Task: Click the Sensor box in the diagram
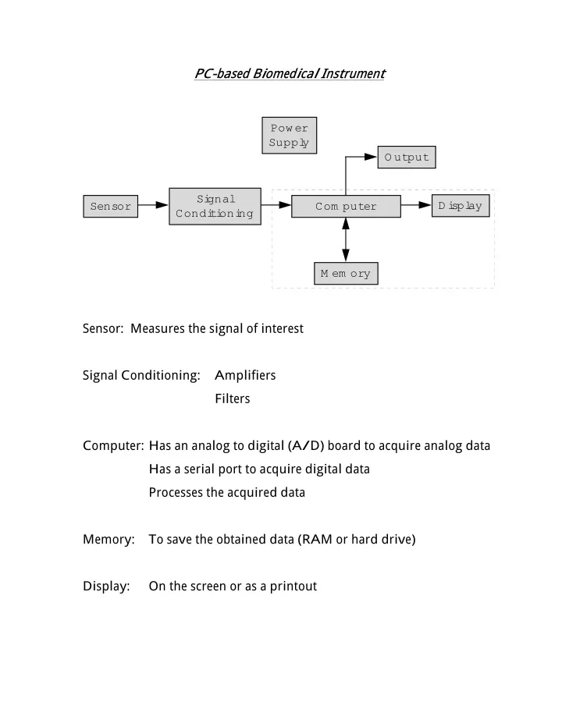[x=110, y=206]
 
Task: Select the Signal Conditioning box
[x=215, y=207]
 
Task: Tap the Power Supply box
[x=289, y=135]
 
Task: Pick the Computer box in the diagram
[x=346, y=206]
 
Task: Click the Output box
[x=407, y=157]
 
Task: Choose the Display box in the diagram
[x=461, y=206]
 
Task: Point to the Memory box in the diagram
[x=346, y=273]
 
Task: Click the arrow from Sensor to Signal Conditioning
[x=153, y=204]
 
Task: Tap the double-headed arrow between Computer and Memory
[x=346, y=240]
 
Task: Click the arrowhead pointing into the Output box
[x=371, y=157]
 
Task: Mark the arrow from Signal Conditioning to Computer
[x=276, y=204]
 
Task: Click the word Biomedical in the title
[x=286, y=73]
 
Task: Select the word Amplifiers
[x=245, y=375]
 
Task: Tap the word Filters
[x=232, y=398]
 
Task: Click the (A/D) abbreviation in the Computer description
[x=306, y=445]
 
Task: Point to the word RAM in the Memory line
[x=317, y=539]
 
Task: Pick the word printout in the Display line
[x=293, y=586]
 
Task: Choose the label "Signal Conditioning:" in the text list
[x=141, y=375]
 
